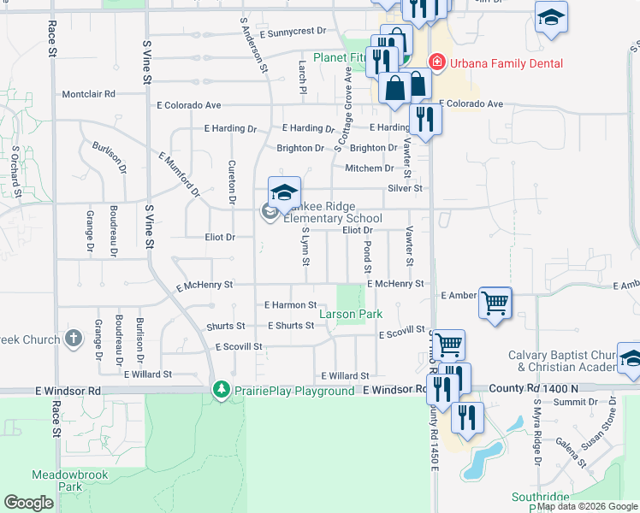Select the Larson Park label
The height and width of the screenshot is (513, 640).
click(351, 315)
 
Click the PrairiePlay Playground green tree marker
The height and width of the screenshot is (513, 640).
click(222, 390)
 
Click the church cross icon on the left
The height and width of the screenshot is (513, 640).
click(74, 339)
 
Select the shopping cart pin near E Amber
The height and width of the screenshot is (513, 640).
click(495, 303)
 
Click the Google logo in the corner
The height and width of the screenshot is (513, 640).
click(28, 502)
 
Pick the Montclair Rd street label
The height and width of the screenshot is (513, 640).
click(88, 94)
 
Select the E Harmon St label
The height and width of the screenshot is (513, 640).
click(290, 304)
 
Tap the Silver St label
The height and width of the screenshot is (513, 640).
click(405, 188)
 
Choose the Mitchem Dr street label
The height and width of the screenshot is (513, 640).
click(369, 168)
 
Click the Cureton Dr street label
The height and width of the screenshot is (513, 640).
click(231, 181)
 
